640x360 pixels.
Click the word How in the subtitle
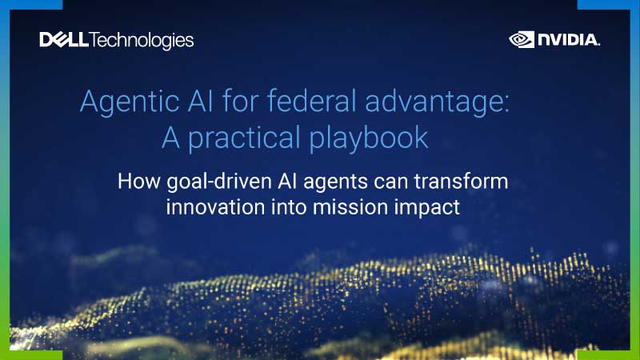(135, 181)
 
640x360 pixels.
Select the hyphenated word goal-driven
(230, 182)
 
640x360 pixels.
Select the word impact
(426, 206)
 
